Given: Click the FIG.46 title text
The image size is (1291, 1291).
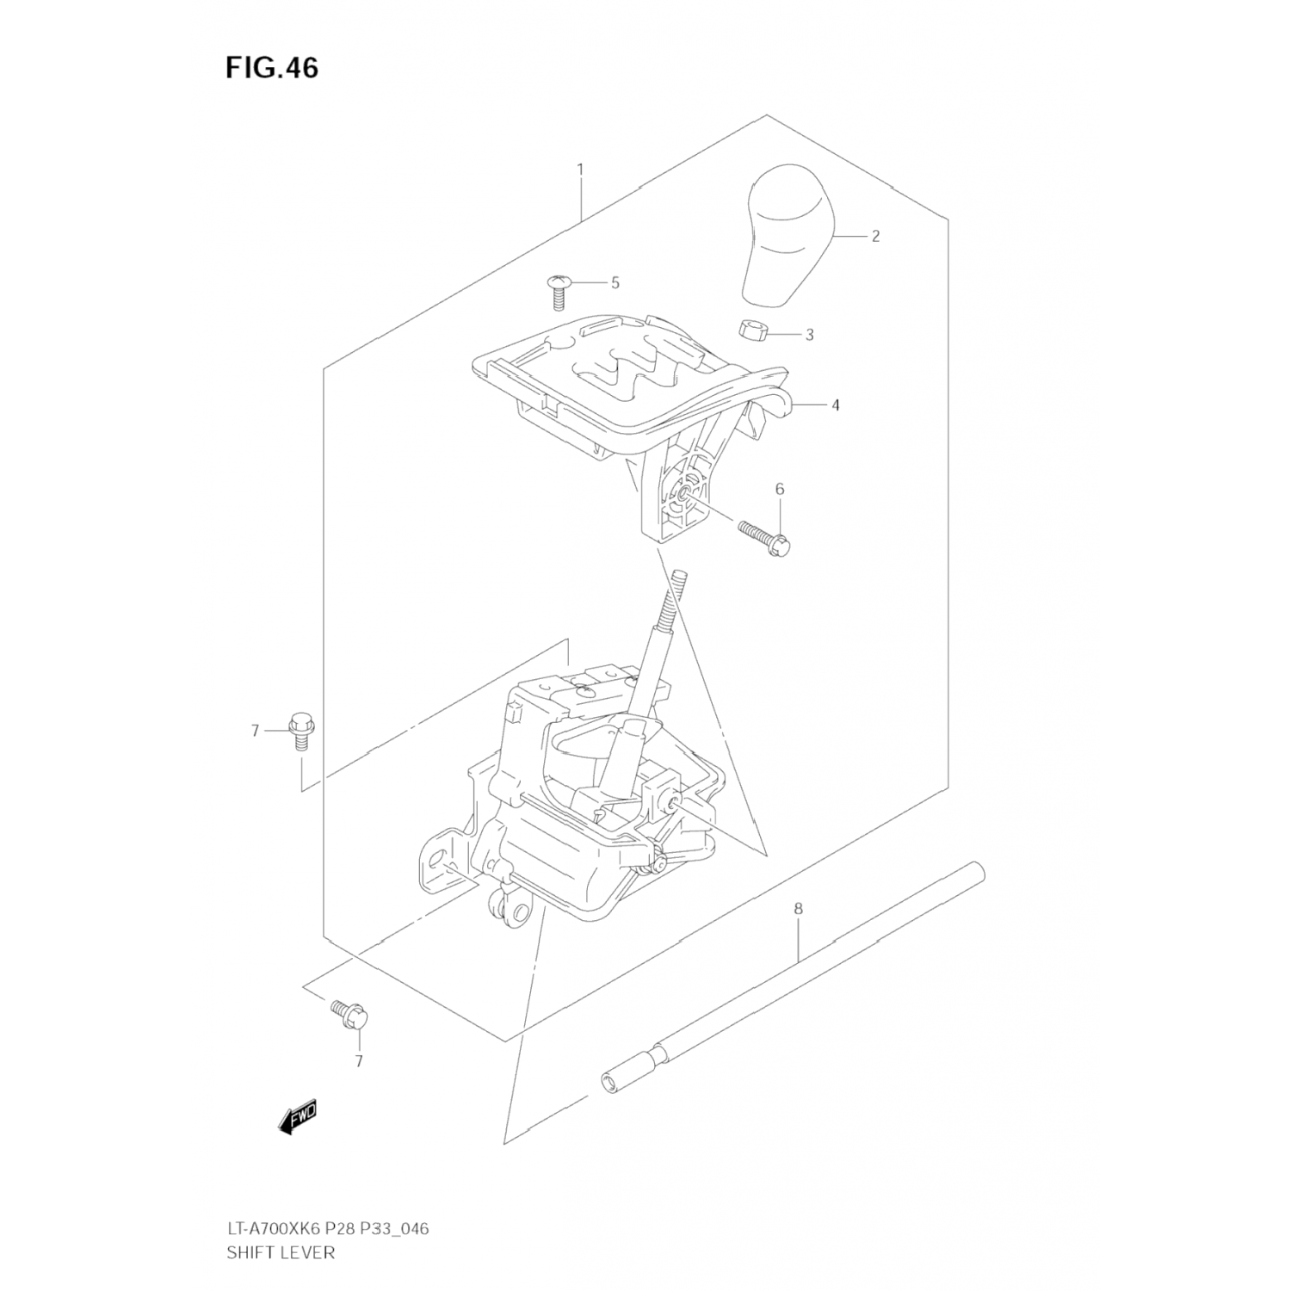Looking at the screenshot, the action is (x=272, y=68).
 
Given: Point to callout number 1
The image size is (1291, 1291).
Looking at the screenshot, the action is (x=580, y=169).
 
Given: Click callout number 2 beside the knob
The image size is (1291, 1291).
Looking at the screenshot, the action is (x=875, y=236).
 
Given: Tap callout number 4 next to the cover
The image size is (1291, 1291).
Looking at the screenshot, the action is (x=835, y=405).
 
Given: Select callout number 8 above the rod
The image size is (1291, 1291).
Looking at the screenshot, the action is (x=798, y=908).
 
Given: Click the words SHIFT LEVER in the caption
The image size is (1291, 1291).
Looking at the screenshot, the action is (x=281, y=1251).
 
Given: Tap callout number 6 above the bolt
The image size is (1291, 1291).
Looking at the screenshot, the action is (x=780, y=489).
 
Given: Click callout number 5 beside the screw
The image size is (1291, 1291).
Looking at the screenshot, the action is (x=615, y=282).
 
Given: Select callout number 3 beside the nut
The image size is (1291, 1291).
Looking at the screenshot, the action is (x=809, y=334).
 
